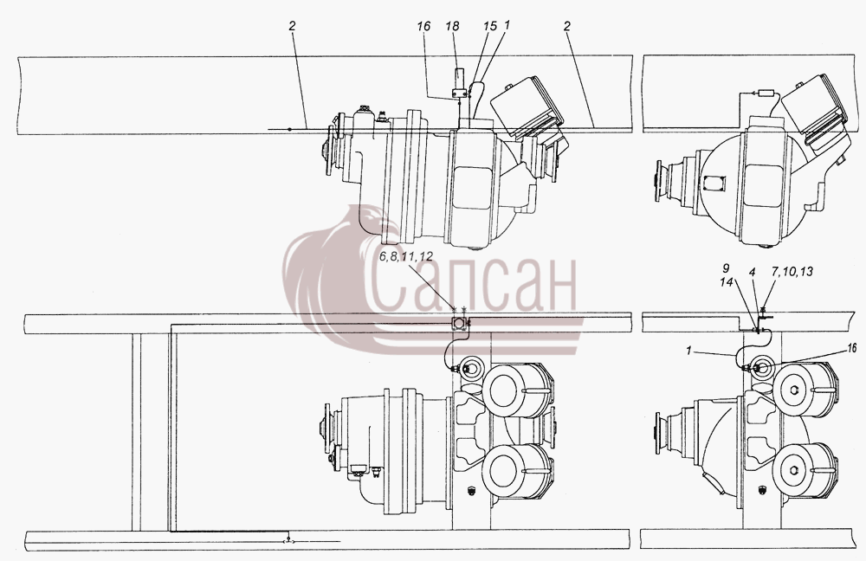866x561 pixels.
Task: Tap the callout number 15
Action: pyautogui.click(x=489, y=26)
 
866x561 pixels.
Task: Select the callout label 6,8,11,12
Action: pyautogui.click(x=406, y=257)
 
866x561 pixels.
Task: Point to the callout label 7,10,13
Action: pyautogui.click(x=792, y=271)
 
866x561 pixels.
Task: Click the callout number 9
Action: pyautogui.click(x=727, y=269)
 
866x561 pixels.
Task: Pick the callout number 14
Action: pyautogui.click(x=727, y=281)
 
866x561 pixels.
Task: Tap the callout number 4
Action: pyautogui.click(x=752, y=272)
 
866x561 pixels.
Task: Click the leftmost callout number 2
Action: pyautogui.click(x=292, y=26)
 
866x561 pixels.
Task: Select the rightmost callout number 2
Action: pyautogui.click(x=566, y=26)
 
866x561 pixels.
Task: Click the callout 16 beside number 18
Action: pyautogui.click(x=423, y=26)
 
